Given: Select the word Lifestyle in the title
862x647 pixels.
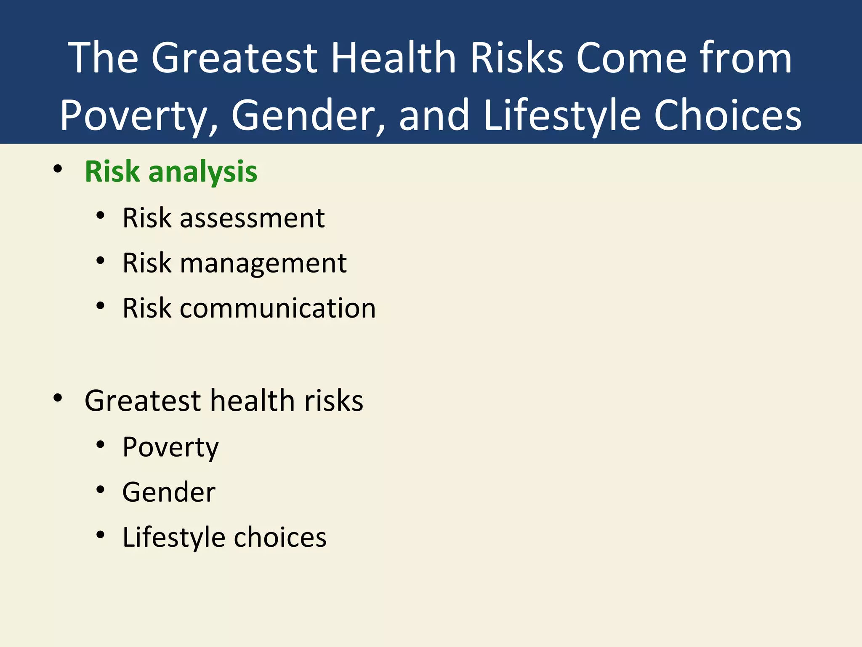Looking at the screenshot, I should point(562,115).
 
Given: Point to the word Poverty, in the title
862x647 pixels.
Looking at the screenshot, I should point(139,115).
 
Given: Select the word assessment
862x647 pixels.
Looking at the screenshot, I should point(252,218).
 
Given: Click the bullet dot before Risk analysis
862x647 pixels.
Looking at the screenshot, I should point(58,169).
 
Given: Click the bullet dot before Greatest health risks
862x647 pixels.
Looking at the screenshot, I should point(58,398).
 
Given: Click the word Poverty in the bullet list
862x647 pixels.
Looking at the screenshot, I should point(170,447).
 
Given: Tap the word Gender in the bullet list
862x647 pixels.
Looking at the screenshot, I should point(169,492).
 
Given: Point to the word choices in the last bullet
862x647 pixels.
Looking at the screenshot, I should point(280,537).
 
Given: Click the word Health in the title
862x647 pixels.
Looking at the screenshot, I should point(394,58).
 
